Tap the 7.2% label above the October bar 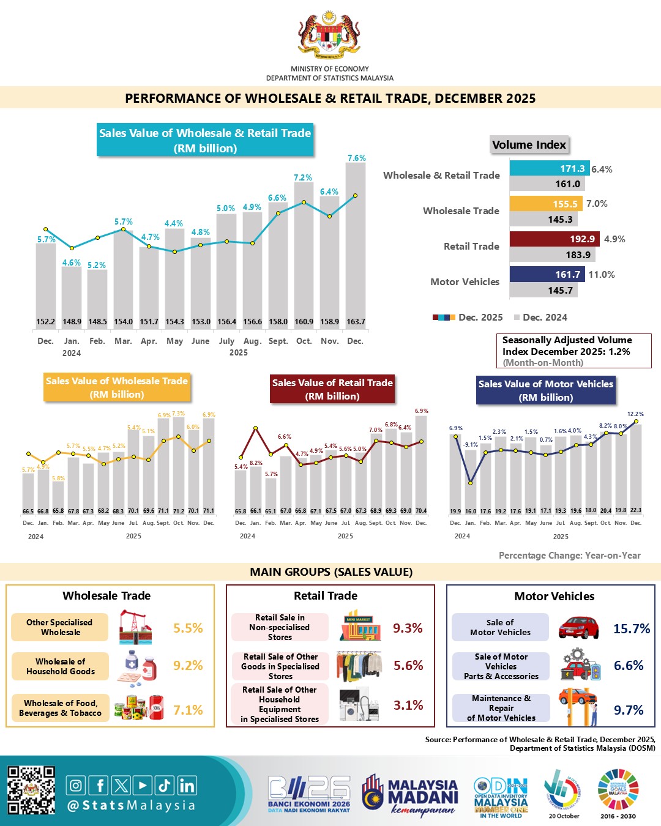303,177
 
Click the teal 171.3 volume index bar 549,168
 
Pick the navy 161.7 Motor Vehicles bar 547,275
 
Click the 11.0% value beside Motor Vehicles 602,275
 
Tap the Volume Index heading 529,145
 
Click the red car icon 578,628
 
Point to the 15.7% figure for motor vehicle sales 632,628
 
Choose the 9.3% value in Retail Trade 408,628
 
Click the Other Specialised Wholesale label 59,627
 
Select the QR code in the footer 31,790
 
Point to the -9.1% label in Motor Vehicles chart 470,445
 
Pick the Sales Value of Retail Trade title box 332,389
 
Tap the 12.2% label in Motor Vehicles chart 635,414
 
